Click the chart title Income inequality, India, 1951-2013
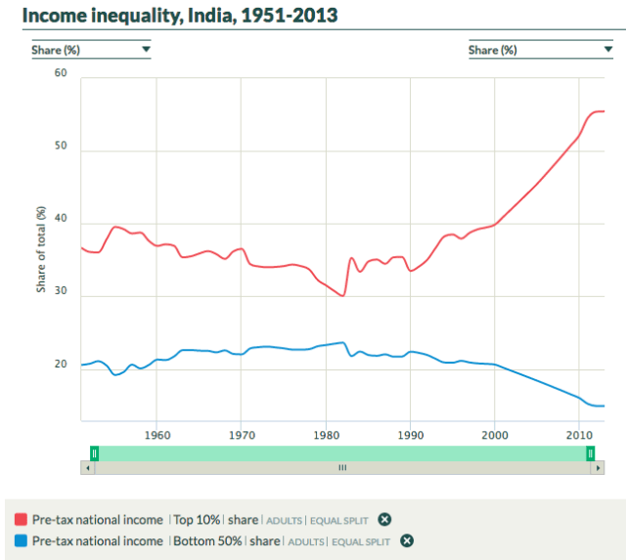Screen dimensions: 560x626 (x=181, y=18)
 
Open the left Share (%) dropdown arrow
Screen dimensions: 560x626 (x=146, y=49)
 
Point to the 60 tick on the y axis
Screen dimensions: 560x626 (x=61, y=74)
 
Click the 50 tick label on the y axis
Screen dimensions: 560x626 (x=61, y=147)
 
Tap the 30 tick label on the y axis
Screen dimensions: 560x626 (x=61, y=291)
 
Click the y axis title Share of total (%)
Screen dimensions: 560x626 (x=41, y=249)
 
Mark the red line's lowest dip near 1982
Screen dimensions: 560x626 (x=343, y=295)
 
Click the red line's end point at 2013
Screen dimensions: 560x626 (x=604, y=111)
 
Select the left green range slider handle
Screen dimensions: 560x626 (x=94, y=452)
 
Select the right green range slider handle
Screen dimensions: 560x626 (x=591, y=452)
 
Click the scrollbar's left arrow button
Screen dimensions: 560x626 (x=88, y=468)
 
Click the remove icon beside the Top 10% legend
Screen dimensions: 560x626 (x=385, y=519)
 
